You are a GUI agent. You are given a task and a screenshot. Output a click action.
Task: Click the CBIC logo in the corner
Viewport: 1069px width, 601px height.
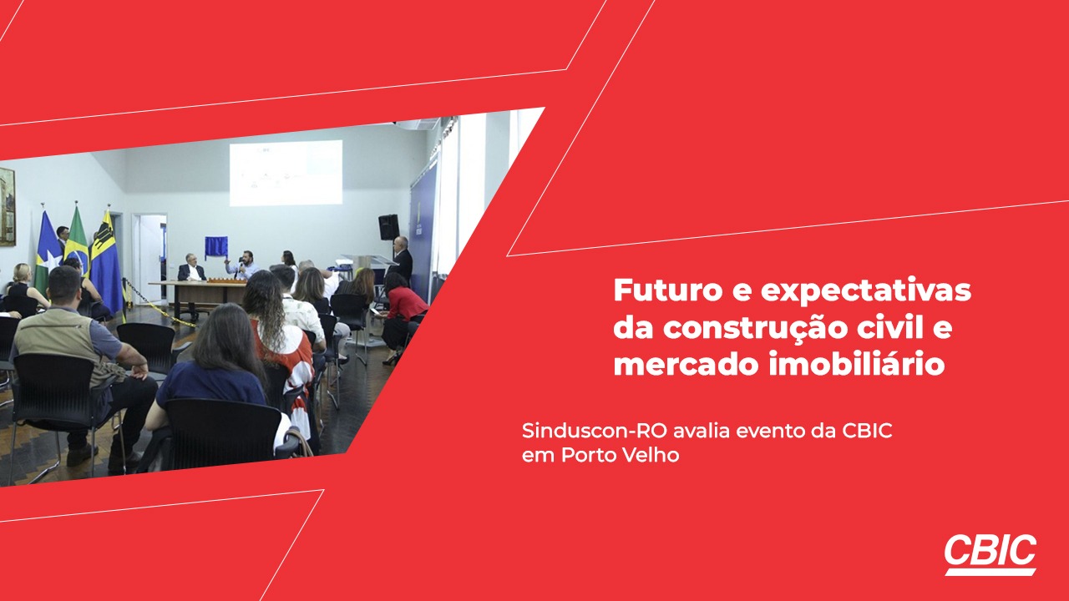click(990, 554)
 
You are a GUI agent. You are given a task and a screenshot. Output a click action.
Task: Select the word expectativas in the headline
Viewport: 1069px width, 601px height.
click(866, 291)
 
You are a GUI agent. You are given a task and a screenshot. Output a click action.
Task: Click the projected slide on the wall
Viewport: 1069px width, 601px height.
click(286, 173)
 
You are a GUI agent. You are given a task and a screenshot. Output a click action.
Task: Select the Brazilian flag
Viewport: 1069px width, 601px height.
click(77, 241)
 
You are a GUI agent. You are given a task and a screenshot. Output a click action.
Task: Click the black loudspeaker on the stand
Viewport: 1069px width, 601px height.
click(388, 227)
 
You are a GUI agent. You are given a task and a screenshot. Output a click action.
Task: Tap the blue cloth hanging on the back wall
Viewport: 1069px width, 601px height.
click(215, 248)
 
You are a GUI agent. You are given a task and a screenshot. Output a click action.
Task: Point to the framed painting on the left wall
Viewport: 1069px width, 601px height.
click(8, 206)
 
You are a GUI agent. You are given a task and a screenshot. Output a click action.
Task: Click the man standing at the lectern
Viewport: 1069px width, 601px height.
click(402, 260)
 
